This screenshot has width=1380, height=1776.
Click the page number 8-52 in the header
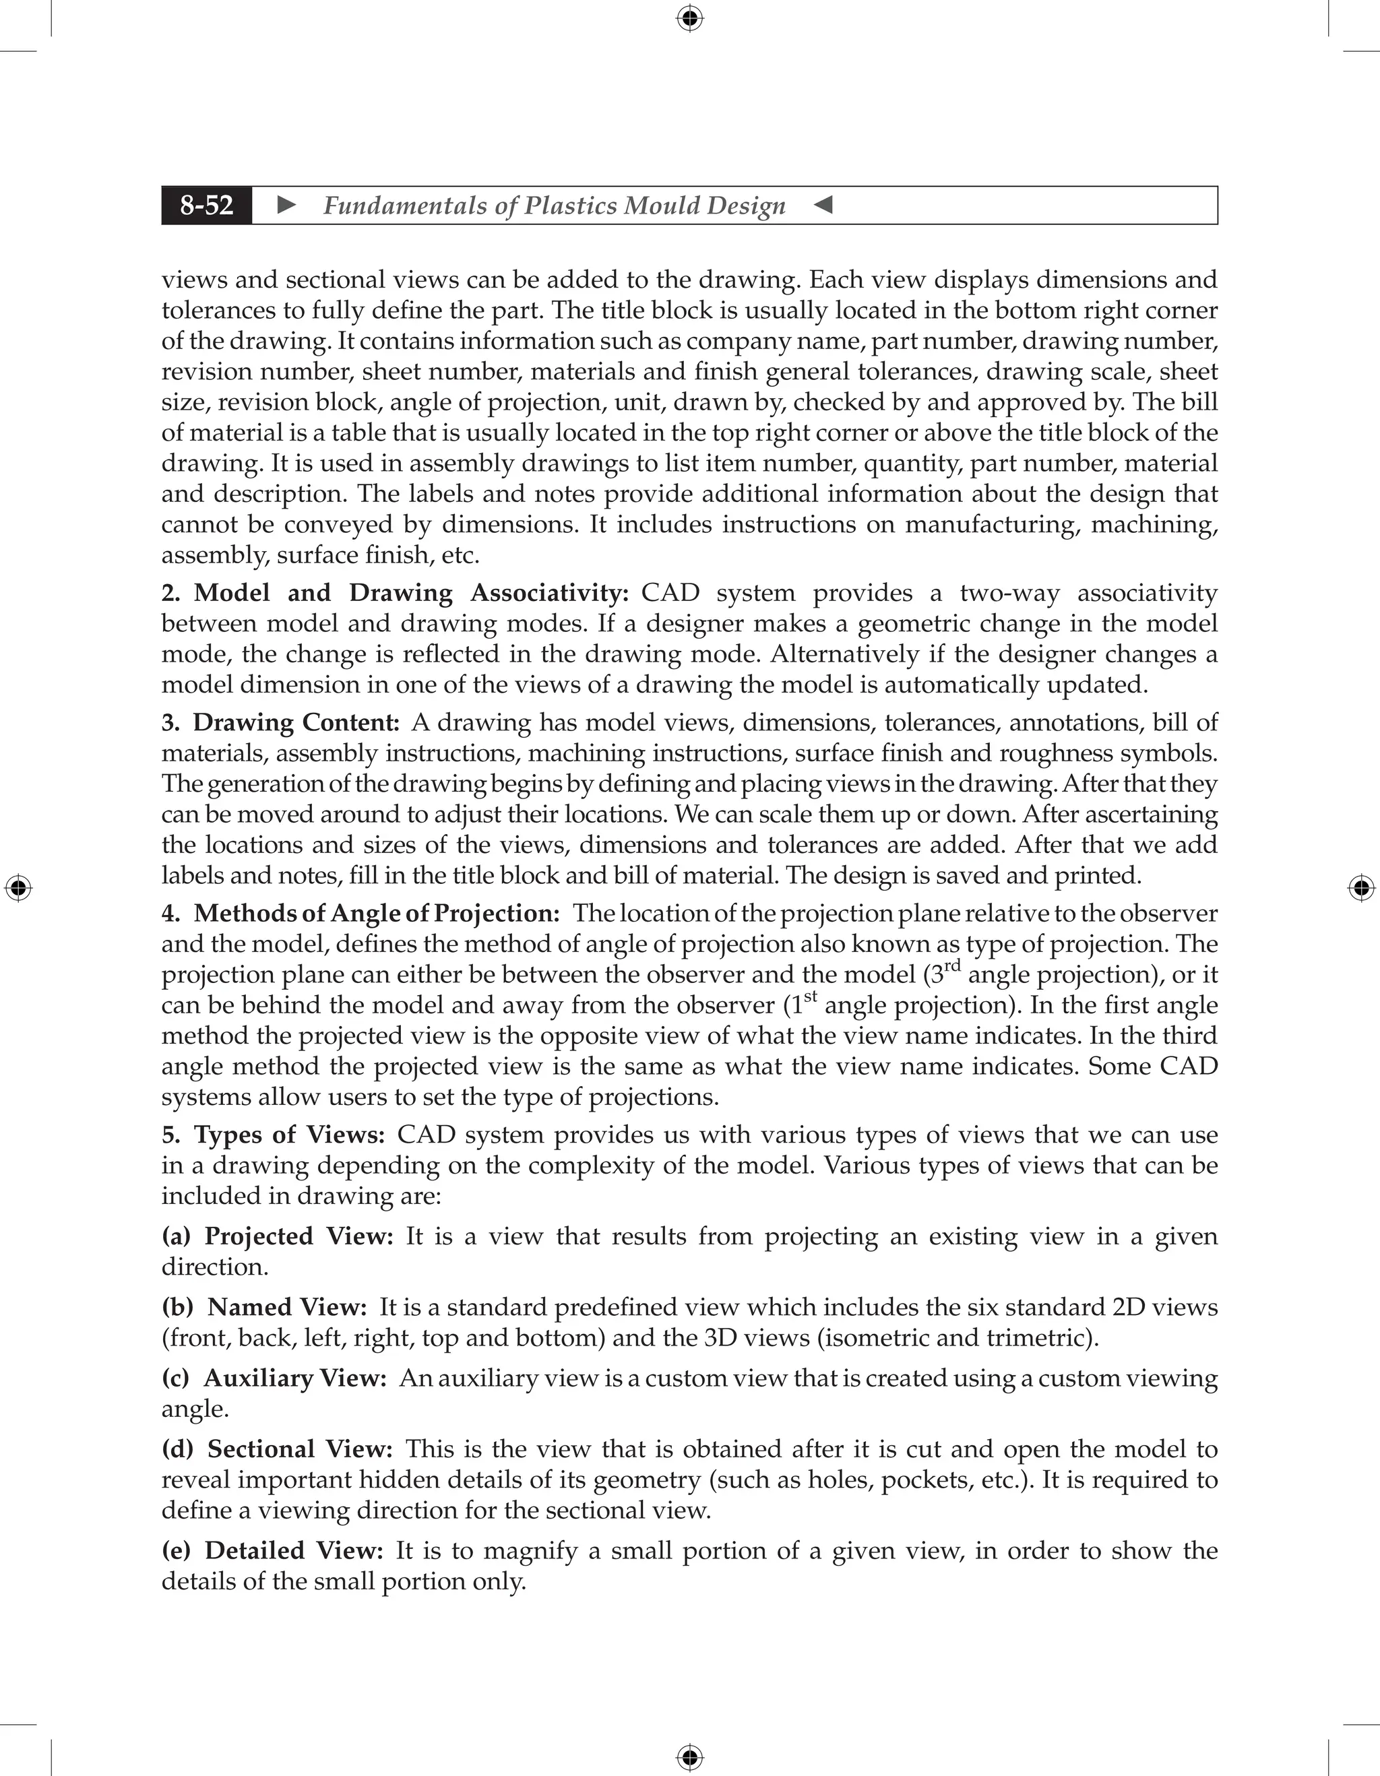pos(207,205)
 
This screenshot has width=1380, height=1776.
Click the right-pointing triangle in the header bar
pos(286,205)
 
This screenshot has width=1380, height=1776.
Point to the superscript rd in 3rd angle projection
pos(952,966)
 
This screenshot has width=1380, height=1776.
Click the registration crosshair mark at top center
pos(689,18)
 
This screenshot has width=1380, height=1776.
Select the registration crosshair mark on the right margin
pos(1361,888)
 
